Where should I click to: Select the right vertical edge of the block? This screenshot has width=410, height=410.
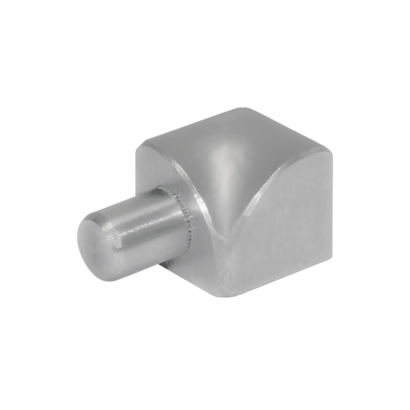point(331,205)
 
